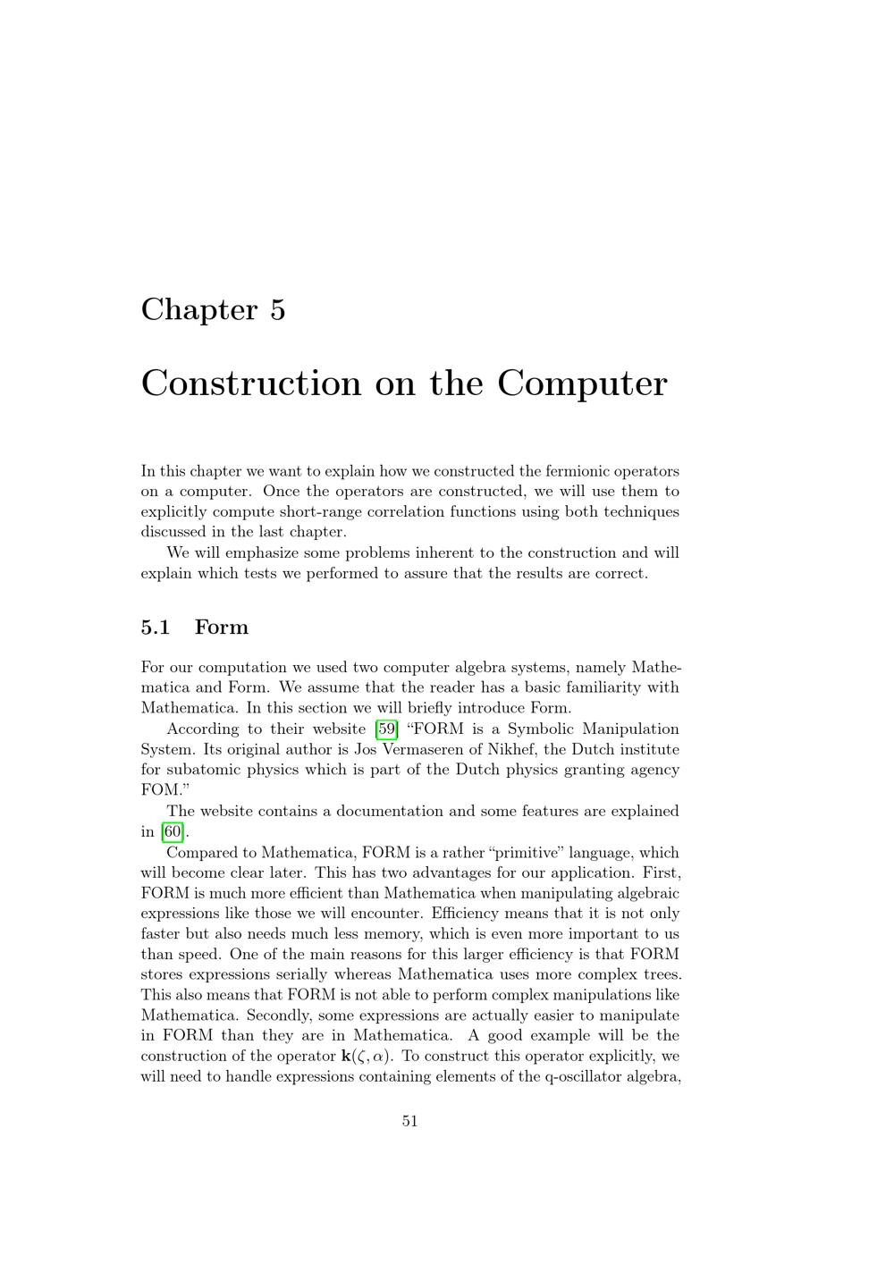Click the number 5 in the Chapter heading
[276, 309]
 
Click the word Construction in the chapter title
[249, 383]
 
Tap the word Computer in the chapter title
[582, 383]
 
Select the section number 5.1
[155, 628]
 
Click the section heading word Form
[221, 628]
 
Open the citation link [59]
[387, 729]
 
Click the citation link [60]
[173, 831]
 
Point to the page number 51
[410, 1121]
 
